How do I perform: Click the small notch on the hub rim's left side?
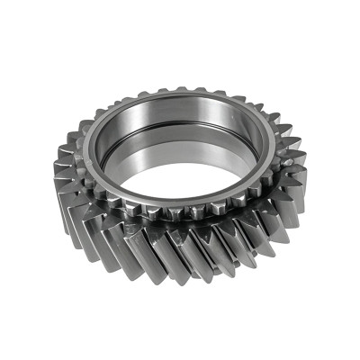[90, 153]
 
